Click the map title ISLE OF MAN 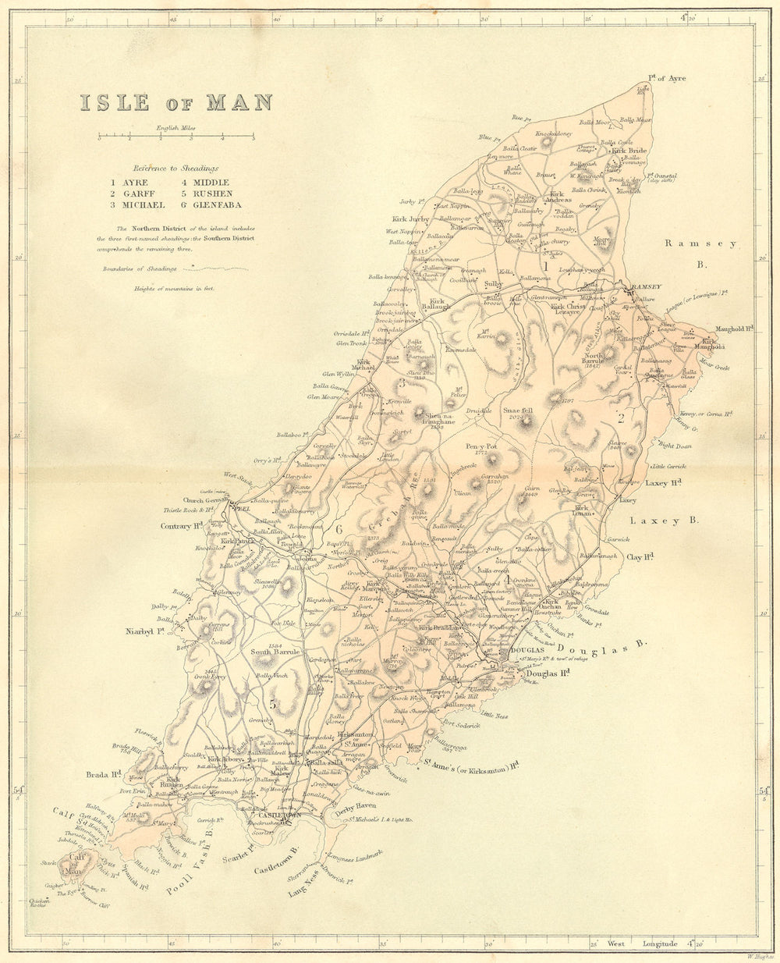tap(175, 102)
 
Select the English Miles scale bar tap(175, 137)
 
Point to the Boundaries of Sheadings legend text tap(138, 268)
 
